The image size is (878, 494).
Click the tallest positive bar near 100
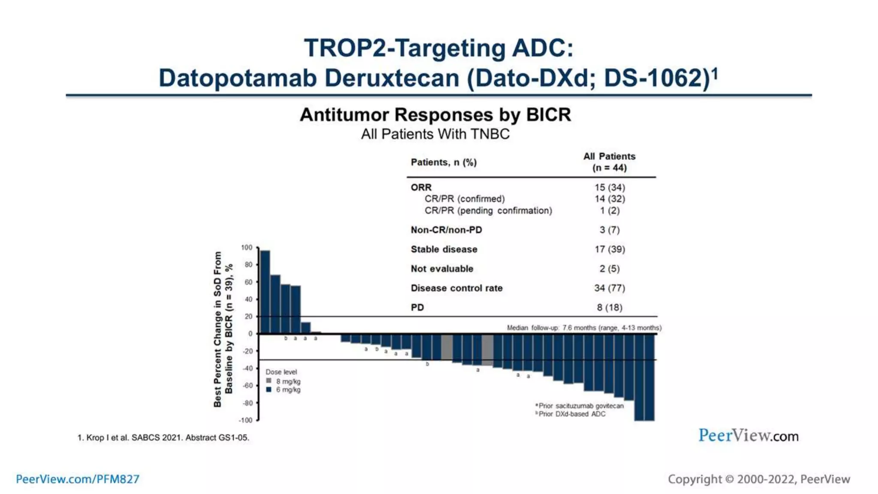coord(265,292)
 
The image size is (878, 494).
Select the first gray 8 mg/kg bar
coord(447,347)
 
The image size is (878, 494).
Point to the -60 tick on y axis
coord(248,386)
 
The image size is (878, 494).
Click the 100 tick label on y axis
coord(247,247)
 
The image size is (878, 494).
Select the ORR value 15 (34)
coord(610,187)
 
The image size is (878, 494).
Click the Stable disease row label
coord(444,249)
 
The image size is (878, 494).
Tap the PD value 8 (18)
coord(609,307)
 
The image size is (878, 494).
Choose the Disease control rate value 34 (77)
coord(609,288)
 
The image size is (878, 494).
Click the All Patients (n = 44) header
coord(609,162)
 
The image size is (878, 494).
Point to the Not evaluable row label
coord(442,269)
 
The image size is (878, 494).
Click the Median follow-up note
coord(584,328)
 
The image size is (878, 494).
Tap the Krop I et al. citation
coord(163,437)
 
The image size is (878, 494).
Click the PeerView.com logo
coord(749,436)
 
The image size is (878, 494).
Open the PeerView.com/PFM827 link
coord(78,479)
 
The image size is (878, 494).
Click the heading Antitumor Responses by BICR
coord(435,115)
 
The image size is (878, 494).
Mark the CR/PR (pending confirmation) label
coord(488,211)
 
